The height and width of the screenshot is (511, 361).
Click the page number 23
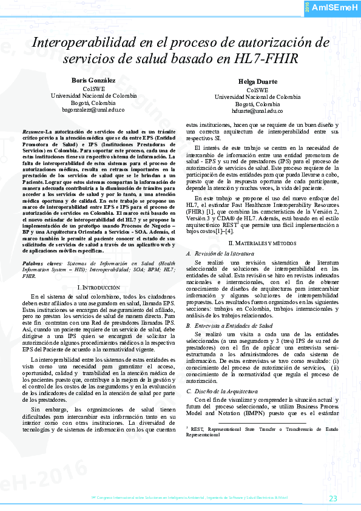tap(333, 498)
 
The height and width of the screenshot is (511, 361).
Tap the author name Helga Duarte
tap(258, 81)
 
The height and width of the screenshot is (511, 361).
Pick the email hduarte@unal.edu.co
tap(257, 111)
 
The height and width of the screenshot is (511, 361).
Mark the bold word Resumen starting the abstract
tap(32, 131)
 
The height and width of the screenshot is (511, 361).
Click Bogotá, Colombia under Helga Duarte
tap(257, 104)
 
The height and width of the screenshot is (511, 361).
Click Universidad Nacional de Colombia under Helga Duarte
tap(257, 96)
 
